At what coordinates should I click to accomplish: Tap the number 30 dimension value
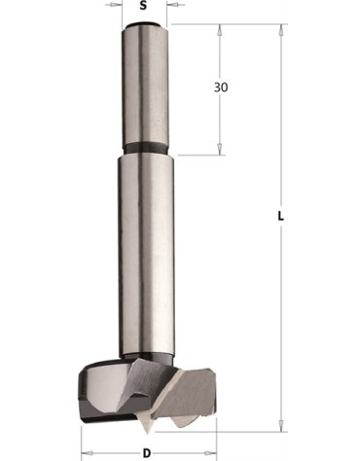(x=220, y=88)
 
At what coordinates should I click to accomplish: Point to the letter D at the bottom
(x=146, y=453)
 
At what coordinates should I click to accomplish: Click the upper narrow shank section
(x=145, y=88)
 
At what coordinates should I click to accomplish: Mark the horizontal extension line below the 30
(x=195, y=154)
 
